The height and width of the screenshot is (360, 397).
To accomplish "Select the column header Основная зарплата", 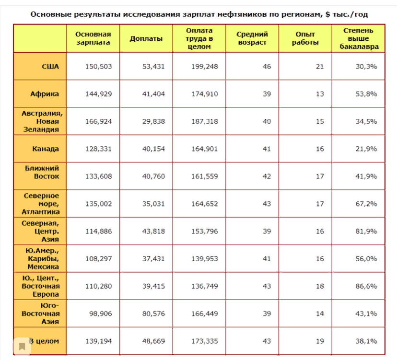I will [93, 38].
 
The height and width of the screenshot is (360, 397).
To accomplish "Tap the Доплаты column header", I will [146, 38].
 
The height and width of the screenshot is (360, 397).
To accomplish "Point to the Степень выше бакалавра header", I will [358, 38].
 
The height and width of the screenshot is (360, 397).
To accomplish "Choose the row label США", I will [50, 66].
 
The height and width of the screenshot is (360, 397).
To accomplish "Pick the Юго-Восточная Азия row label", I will [41, 314].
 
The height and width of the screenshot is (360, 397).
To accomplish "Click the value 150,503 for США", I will [99, 66].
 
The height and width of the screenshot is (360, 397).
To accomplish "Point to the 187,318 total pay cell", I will [204, 121].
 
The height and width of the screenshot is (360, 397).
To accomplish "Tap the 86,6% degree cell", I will [367, 286].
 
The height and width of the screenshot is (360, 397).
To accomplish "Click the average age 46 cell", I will [267, 66].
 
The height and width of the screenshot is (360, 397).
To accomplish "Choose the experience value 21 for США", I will [320, 66].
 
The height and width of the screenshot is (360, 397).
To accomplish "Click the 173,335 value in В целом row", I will [204, 341].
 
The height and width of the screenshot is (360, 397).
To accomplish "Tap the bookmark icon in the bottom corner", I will [22, 346].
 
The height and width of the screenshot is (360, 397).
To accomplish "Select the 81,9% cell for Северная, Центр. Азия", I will [367, 231].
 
